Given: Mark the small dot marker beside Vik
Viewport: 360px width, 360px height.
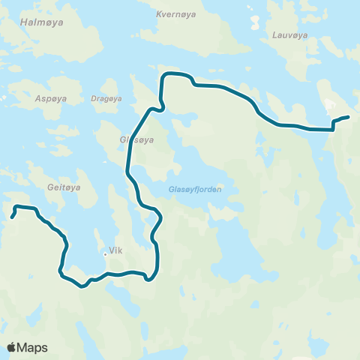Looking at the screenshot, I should (105, 253).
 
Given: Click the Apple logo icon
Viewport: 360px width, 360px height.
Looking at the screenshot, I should (12, 346).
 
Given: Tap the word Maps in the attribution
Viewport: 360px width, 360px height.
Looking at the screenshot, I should (33, 347).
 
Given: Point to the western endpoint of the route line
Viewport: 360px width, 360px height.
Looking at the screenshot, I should (12, 217).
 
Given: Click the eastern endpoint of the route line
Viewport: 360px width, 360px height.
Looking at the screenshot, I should (348, 116).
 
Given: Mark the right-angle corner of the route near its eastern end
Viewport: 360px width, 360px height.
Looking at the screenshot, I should (333, 130).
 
